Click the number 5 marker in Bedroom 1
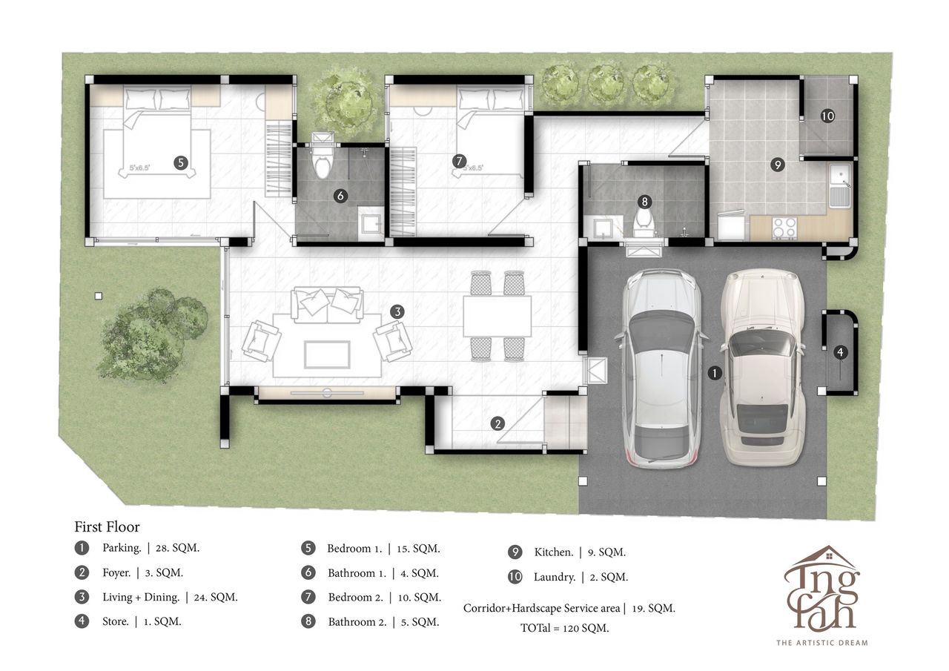click(181, 162)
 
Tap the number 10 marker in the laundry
click(827, 116)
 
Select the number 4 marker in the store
click(840, 352)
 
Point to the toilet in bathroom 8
click(644, 223)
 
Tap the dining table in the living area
click(497, 317)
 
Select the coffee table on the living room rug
click(327, 354)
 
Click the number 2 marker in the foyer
click(497, 423)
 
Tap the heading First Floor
click(108, 526)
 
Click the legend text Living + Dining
click(141, 597)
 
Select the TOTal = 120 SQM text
click(565, 628)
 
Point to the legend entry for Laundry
click(568, 577)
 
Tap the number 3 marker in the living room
click(397, 312)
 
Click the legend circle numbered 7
click(308, 597)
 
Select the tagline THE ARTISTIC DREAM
click(822, 643)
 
